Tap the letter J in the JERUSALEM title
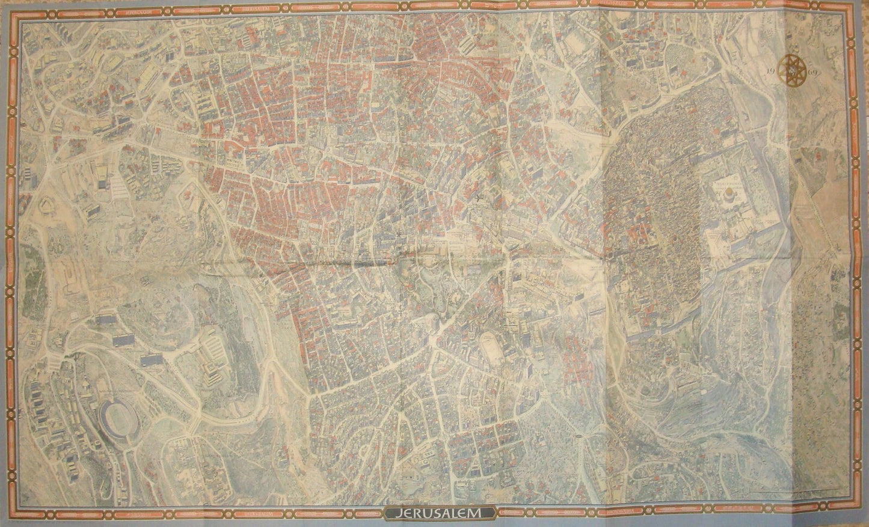point(398,513)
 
